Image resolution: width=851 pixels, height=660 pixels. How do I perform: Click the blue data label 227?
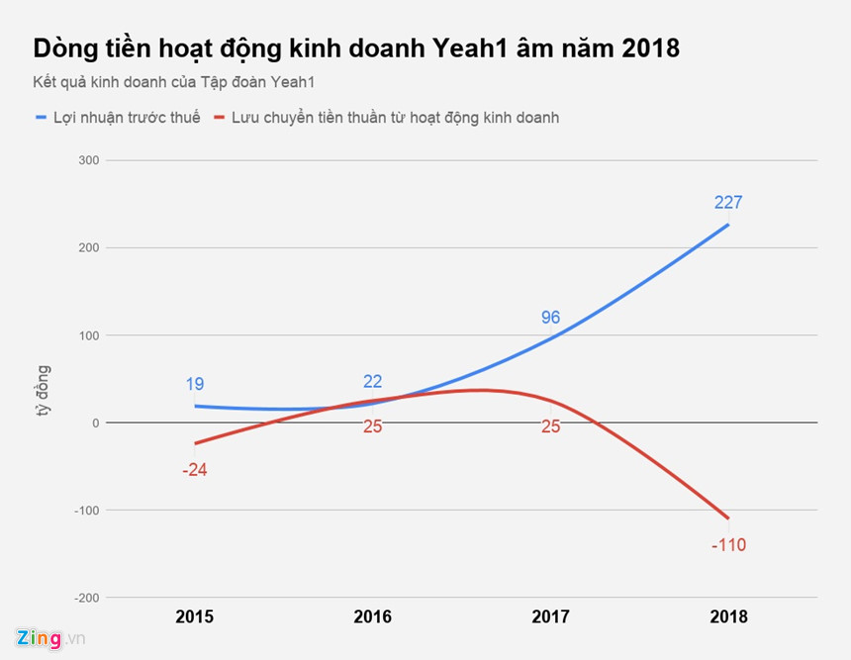coord(728,203)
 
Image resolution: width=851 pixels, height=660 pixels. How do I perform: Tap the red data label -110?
coord(728,545)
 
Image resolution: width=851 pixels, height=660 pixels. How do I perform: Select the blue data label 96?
coord(550,318)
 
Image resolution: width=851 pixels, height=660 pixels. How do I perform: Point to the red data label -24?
coord(194,470)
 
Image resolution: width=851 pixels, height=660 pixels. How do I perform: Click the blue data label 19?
coord(194,384)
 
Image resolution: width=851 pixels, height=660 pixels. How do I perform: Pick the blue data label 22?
coord(372,382)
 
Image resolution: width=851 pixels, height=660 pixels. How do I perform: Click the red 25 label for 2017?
coord(550,426)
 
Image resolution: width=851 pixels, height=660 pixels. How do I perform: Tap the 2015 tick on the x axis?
coord(194,616)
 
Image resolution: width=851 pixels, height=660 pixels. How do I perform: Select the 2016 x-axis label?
coord(372,616)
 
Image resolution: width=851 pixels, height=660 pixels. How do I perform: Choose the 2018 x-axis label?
coord(728,616)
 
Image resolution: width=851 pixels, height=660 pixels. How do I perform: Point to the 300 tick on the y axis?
coord(88,160)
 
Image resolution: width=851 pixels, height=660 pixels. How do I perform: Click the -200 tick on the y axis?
coord(86,598)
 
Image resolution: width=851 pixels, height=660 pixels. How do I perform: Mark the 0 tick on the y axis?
coord(95,423)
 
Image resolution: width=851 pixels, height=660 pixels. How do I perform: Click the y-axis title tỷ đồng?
coord(45,391)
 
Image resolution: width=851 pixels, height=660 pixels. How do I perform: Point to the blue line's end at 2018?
coord(728,225)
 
